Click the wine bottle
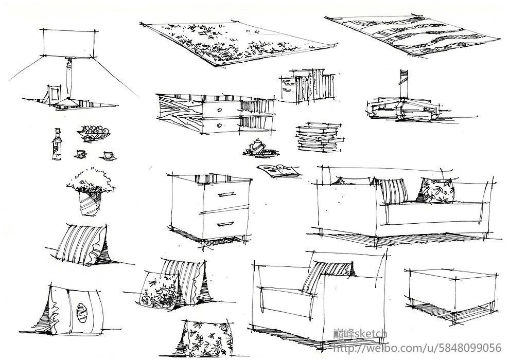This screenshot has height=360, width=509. click(x=57, y=145)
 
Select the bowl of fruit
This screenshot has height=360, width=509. click(x=94, y=133)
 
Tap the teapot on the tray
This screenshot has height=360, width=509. click(x=257, y=147)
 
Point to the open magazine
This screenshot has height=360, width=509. click(x=279, y=171)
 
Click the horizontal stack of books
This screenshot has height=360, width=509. click(x=320, y=137)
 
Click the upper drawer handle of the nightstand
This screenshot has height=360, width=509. click(x=226, y=194)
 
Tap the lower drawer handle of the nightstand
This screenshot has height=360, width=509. click(x=225, y=224)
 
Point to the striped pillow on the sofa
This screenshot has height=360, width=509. click(x=393, y=191)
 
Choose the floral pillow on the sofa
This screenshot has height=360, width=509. click(x=436, y=190)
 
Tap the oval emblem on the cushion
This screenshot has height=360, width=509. click(x=81, y=313)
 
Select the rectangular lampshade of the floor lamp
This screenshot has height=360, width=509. click(x=69, y=43)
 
